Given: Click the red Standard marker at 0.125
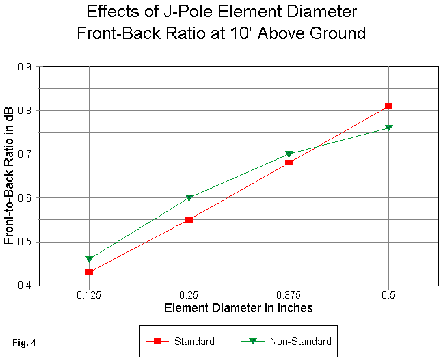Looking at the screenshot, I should point(89,272).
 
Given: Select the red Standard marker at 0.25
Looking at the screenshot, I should point(189,219).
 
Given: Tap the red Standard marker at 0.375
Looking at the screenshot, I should point(289,162).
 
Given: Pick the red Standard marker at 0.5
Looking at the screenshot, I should point(388,106).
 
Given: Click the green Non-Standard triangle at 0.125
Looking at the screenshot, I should point(89,259).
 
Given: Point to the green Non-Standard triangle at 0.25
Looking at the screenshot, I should point(189,198).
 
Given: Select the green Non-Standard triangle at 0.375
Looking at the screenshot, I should point(289,154).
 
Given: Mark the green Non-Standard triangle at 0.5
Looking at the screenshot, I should point(388,128).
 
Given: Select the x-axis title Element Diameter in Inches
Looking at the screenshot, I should point(238,308).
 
